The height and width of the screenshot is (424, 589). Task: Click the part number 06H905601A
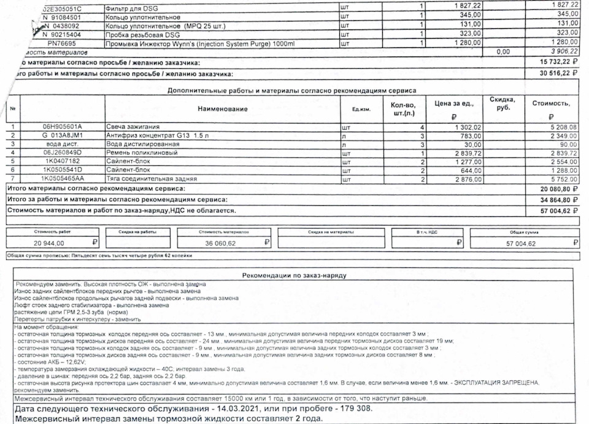click(63, 127)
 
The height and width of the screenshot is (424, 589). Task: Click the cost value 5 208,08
click(560, 127)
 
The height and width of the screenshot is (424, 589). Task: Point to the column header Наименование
click(222, 109)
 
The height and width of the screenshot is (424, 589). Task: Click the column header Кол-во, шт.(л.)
click(402, 109)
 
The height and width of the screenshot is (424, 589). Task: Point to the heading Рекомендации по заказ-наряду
click(294, 275)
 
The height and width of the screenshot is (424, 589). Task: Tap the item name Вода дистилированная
click(141, 144)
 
